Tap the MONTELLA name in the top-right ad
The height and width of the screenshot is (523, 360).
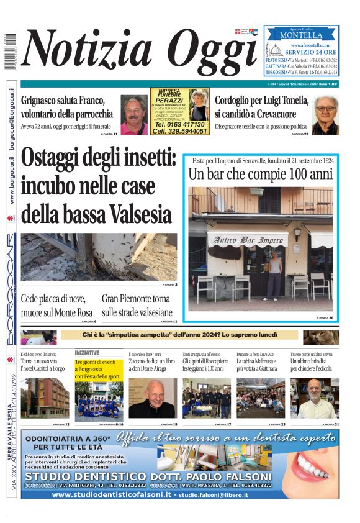click(x=302, y=35)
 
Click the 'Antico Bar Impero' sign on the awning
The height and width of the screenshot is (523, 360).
click(x=246, y=240)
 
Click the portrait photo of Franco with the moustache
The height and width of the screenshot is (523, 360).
click(x=133, y=115)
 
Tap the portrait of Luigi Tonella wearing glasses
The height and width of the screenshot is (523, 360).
click(x=325, y=115)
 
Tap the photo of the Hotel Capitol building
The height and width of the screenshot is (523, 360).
click(x=45, y=398)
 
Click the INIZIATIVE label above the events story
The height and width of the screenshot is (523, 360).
click(x=87, y=352)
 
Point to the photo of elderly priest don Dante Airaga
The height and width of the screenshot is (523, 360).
click(x=153, y=398)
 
